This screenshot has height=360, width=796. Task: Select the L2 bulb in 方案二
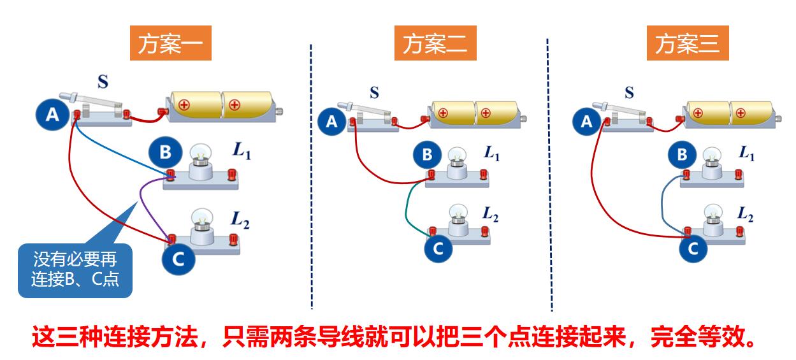click(458, 213)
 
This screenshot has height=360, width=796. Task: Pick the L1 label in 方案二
click(491, 153)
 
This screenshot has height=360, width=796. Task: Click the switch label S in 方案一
click(102, 82)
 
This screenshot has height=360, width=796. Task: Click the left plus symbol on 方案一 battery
click(184, 104)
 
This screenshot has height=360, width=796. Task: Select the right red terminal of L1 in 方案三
click(738, 173)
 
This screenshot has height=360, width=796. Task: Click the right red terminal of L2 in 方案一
click(232, 238)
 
